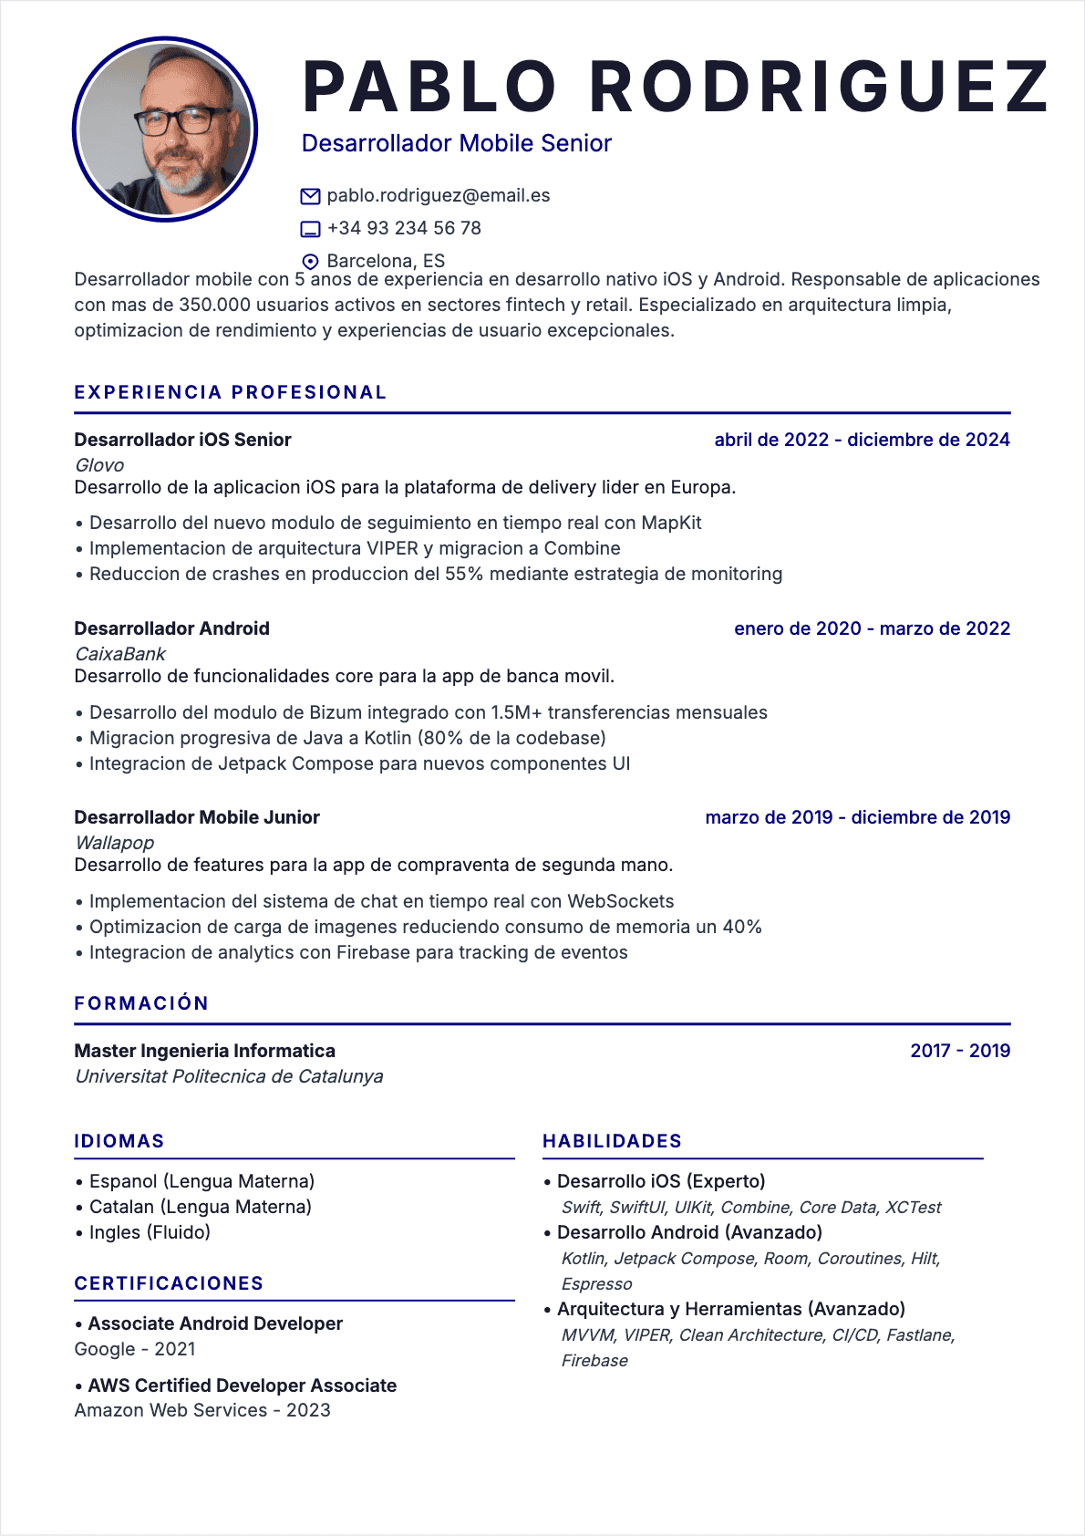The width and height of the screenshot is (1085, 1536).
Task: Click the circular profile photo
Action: (x=165, y=130)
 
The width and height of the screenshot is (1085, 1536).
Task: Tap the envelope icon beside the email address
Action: (x=310, y=196)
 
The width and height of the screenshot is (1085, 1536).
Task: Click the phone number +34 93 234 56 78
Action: (x=404, y=228)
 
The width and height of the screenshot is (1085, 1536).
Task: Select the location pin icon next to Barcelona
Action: (x=310, y=262)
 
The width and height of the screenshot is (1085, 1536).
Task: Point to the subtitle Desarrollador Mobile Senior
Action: (x=456, y=143)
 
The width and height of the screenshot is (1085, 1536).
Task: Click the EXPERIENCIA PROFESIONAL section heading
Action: (x=231, y=392)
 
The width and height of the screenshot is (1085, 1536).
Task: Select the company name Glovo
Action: (x=99, y=465)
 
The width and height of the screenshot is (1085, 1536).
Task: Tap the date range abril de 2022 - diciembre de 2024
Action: (x=862, y=440)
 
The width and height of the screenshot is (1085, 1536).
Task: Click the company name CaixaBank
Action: (x=120, y=654)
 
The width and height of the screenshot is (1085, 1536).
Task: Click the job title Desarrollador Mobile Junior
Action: (x=197, y=817)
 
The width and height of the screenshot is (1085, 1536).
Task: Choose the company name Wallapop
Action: (x=115, y=843)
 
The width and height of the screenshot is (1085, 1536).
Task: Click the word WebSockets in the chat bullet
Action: (x=620, y=901)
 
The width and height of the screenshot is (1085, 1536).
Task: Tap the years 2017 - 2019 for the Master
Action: (x=960, y=1051)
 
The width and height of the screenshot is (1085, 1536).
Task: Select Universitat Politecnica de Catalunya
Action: (x=229, y=1076)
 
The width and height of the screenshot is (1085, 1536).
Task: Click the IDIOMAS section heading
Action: (x=119, y=1141)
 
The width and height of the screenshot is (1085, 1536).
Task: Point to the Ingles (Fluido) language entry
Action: (x=150, y=1232)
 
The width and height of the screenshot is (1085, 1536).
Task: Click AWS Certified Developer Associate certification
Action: (x=243, y=1386)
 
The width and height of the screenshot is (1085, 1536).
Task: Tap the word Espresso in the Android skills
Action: (x=596, y=1284)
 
